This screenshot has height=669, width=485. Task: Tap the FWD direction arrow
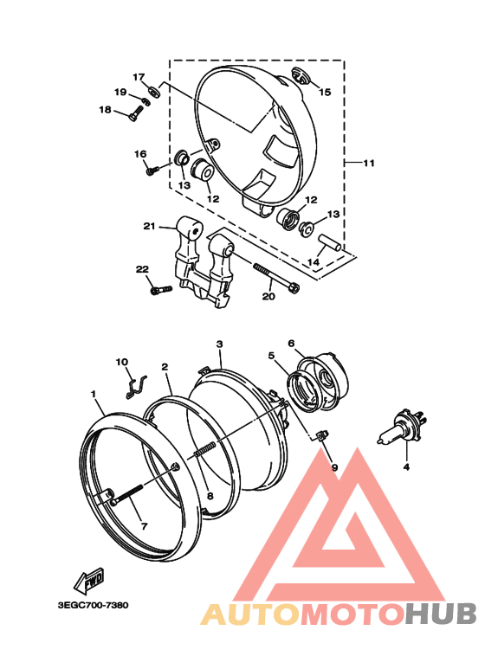tap(89, 581)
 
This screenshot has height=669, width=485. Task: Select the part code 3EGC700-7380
tap(93, 605)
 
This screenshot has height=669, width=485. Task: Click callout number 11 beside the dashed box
tap(368, 163)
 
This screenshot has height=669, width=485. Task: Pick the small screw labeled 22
tap(161, 290)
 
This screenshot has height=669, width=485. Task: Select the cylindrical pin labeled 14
tap(330, 242)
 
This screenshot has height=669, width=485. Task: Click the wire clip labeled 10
tap(137, 387)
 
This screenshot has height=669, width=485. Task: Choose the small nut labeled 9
tap(323, 435)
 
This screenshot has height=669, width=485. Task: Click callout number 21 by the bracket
tap(149, 226)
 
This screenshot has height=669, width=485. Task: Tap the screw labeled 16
tap(152, 170)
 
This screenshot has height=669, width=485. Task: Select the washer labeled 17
tap(152, 91)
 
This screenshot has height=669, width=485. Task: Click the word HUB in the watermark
tap(441, 613)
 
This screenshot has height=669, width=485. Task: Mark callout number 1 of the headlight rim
tap(94, 394)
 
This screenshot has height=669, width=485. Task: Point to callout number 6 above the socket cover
tap(291, 344)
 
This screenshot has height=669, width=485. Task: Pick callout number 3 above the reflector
tap(219, 344)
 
